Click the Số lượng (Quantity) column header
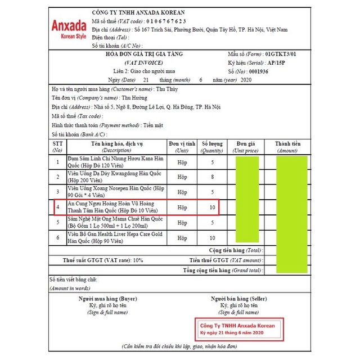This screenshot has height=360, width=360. point(212,147)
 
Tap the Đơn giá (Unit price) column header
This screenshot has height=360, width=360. point(246,147)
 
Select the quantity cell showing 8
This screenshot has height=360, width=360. point(212,177)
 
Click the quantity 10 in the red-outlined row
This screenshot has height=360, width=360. point(212,207)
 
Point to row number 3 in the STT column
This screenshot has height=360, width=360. point(57,192)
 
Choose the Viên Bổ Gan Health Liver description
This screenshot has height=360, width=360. point(115,237)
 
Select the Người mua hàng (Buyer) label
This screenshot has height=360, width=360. point(107,299)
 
